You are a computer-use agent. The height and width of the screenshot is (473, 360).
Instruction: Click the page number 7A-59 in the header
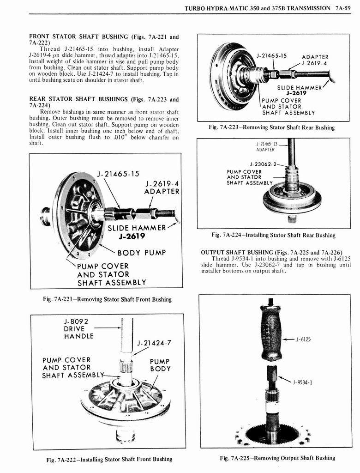343,8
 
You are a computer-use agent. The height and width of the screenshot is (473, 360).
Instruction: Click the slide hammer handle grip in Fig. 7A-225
271,332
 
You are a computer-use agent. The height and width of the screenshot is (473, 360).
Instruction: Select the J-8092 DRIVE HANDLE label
78,328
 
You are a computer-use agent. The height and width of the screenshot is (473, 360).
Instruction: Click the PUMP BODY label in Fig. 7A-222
160,365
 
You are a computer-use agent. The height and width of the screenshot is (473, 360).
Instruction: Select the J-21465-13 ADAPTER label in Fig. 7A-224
266,146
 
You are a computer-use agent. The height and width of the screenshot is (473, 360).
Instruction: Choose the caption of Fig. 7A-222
109,459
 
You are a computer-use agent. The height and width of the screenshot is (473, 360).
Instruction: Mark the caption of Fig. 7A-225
277,458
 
